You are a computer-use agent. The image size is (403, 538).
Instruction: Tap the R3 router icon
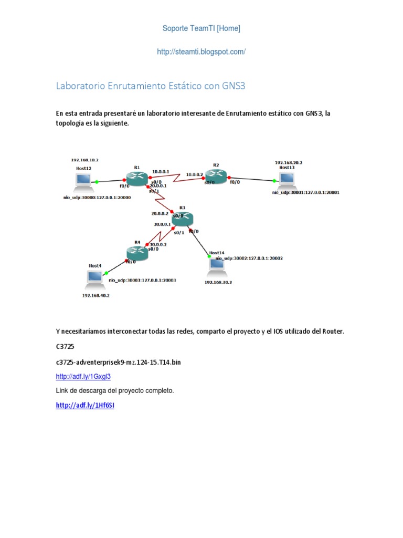[x=182, y=218]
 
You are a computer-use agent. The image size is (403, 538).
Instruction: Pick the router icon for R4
[x=137, y=253]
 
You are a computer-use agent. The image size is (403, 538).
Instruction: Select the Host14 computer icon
[x=216, y=265]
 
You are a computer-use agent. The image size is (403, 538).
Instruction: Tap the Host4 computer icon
[x=95, y=277]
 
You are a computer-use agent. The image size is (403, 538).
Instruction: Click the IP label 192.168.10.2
[x=85, y=160]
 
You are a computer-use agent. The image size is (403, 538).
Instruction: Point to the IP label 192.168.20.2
[x=288, y=163]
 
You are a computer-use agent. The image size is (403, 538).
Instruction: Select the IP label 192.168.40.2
[x=96, y=295]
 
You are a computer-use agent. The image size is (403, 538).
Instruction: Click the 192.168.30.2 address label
[x=218, y=282]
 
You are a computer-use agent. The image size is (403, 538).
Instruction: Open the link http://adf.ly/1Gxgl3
[x=83, y=376]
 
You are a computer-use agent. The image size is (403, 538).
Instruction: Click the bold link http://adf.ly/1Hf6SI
[x=85, y=406]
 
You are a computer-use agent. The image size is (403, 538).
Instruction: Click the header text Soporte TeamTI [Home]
[x=201, y=28]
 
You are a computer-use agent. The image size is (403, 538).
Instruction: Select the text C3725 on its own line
[x=66, y=347]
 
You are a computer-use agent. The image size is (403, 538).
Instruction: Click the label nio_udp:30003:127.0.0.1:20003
[x=142, y=281]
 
